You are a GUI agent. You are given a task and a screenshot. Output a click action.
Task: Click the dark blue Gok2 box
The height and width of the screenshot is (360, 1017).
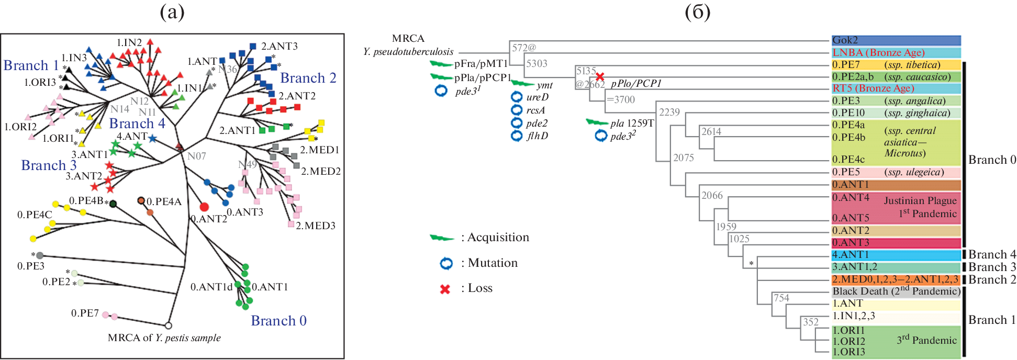point(896,40)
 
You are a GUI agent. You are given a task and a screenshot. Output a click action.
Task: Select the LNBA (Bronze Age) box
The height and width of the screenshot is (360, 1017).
point(896,53)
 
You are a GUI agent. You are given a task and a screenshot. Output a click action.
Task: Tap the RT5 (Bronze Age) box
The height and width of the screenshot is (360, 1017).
point(896,88)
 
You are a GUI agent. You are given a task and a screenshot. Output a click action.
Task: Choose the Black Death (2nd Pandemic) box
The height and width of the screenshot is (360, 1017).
point(896,291)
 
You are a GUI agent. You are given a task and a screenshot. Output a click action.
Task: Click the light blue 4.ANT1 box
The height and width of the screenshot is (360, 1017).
point(896,255)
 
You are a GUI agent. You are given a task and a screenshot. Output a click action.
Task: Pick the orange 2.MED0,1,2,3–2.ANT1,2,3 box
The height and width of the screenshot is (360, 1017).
point(896,279)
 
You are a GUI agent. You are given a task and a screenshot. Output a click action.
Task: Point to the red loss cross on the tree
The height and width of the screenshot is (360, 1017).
point(600,77)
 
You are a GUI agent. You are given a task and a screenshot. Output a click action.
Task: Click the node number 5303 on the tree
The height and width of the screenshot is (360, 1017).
point(537,64)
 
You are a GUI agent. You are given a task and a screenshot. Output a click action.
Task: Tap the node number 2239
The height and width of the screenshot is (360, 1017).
point(669,113)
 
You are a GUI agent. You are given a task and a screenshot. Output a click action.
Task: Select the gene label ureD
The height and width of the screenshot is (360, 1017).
point(537,97)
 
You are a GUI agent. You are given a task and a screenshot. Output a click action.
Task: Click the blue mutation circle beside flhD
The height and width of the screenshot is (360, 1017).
point(517,136)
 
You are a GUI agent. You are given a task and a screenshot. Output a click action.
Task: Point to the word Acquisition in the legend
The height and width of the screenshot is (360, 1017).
point(498,238)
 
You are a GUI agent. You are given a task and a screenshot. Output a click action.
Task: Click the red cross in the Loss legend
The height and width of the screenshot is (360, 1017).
point(445,289)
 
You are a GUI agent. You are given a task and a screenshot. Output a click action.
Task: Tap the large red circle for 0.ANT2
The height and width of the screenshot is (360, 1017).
point(204,207)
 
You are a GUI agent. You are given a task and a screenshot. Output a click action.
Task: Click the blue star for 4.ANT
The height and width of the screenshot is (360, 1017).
point(152,138)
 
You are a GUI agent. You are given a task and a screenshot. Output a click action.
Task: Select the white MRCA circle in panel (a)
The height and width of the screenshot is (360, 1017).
point(169,325)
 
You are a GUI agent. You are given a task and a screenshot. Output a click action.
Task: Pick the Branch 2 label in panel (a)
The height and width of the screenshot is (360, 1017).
point(308,78)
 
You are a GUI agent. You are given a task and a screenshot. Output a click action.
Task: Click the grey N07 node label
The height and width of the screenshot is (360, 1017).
point(196,156)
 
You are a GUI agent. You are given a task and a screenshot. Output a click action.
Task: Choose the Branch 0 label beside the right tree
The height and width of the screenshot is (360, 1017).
point(992,160)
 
